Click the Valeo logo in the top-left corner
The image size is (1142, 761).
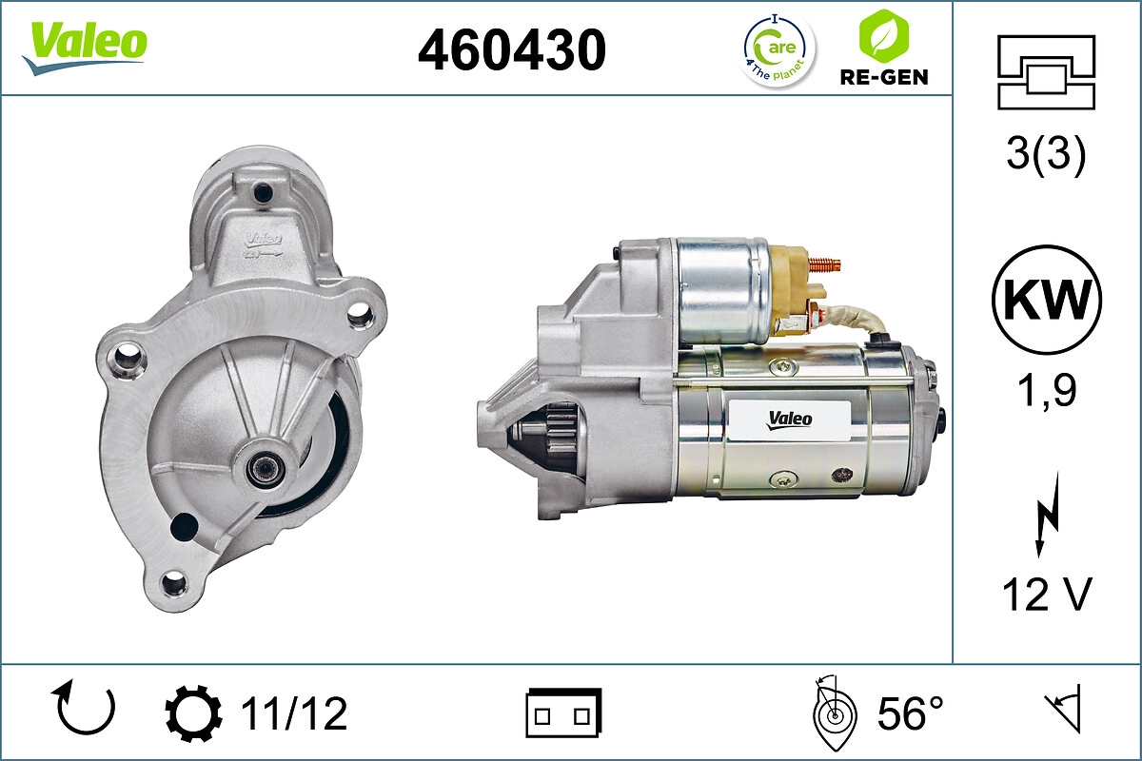pyautogui.click(x=85, y=47)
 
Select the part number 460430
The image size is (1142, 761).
pyautogui.click(x=512, y=49)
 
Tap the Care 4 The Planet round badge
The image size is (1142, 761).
pyautogui.click(x=778, y=49)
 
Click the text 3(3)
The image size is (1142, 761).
pyautogui.click(x=1046, y=155)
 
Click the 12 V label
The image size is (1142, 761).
pyautogui.click(x=1046, y=595)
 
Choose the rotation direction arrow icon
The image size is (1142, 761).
pyautogui.click(x=87, y=710)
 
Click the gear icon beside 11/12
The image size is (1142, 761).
pyautogui.click(x=194, y=713)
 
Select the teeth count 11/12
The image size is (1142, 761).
pyautogui.click(x=293, y=713)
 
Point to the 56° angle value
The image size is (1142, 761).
pyautogui.click(x=909, y=713)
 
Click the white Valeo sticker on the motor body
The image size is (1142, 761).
pyautogui.click(x=789, y=419)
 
